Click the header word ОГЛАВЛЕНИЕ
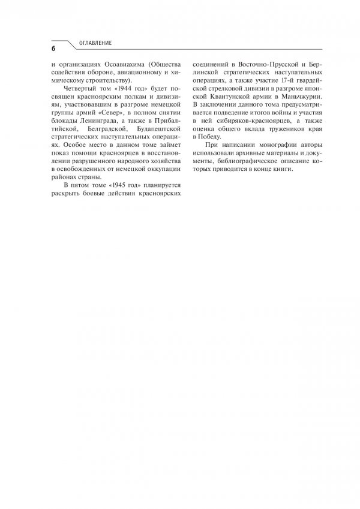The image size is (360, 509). point(95,43)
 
